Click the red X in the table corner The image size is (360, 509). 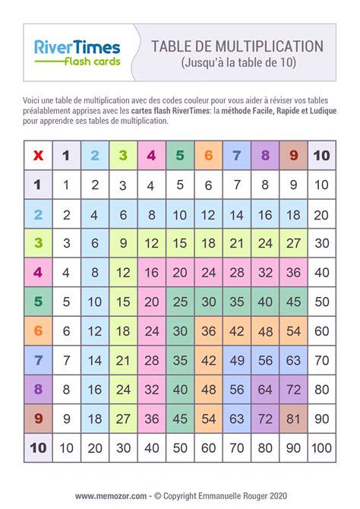[38, 156]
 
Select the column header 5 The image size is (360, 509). [179, 156]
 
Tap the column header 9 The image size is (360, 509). [292, 156]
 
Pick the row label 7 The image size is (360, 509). [38, 360]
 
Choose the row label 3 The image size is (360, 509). [38, 243]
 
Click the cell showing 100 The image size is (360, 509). [321, 447]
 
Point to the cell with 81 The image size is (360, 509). [292, 419]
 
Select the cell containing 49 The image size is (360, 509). [236, 360]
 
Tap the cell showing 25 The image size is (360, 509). [179, 302]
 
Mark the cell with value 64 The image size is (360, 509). [264, 390]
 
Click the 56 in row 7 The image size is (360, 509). [264, 360]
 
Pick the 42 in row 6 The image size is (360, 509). [236, 331]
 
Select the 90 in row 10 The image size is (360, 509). [292, 447]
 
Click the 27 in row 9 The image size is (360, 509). [123, 419]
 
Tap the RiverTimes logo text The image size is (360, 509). [77, 47]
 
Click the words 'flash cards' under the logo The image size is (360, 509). [91, 62]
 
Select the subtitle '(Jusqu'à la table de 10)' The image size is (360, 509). [238, 63]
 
